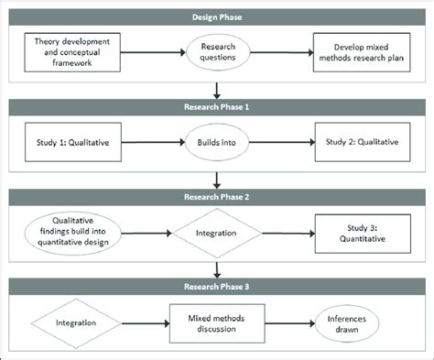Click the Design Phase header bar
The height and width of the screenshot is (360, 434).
pyautogui.click(x=217, y=16)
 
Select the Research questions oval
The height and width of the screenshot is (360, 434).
pyautogui.click(x=219, y=52)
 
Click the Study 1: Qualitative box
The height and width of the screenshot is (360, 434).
pyautogui.click(x=73, y=142)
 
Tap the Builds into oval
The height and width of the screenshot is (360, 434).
pyautogui.click(x=219, y=142)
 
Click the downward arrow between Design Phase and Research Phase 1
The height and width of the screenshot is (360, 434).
pyautogui.click(x=217, y=89)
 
